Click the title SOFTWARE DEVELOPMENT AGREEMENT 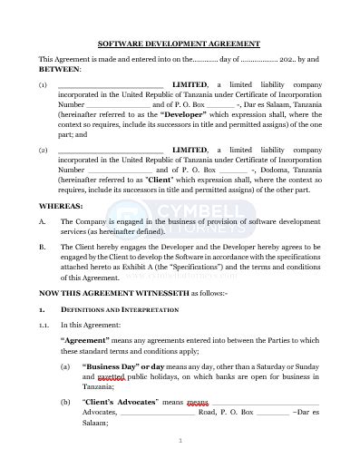pyautogui.click(x=180, y=44)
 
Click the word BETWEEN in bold pyautogui.click(x=59, y=69)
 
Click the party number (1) pyautogui.click(x=43, y=84)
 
